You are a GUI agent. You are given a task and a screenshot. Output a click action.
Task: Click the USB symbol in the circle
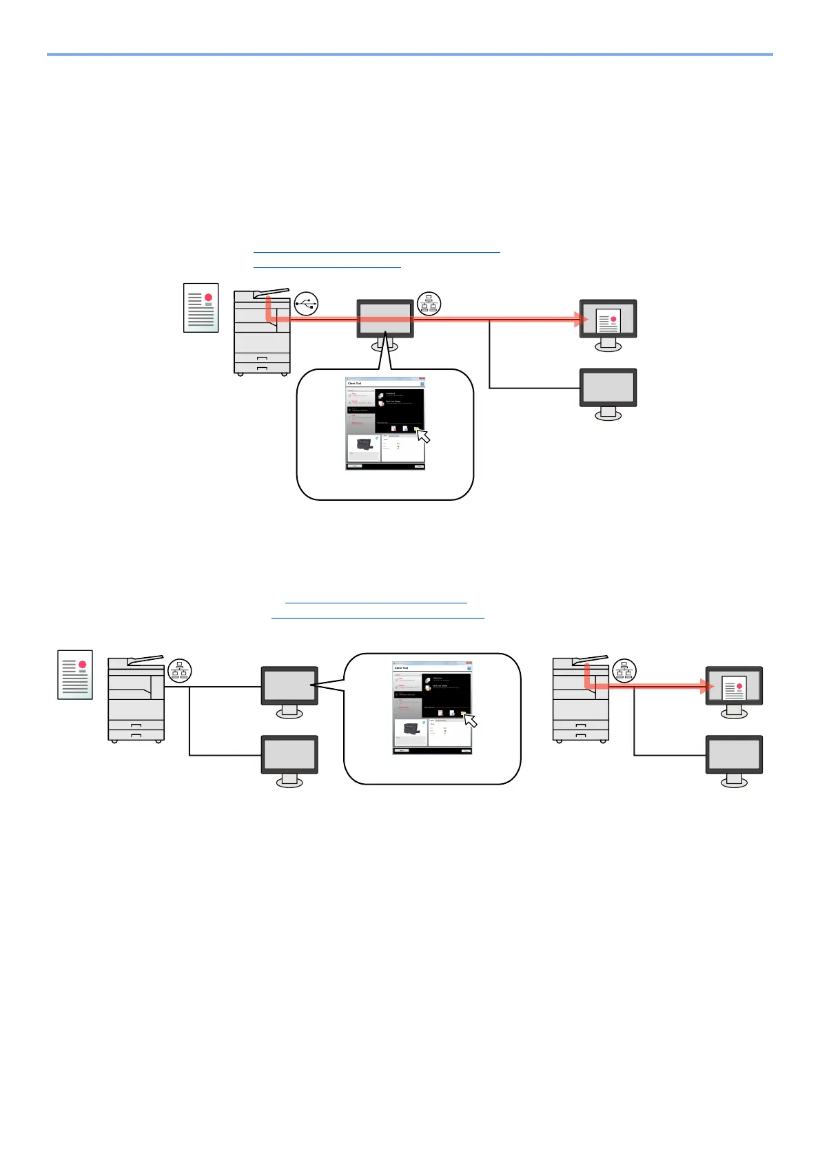(306, 303)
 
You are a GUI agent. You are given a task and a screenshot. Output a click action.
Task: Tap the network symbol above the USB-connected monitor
(429, 303)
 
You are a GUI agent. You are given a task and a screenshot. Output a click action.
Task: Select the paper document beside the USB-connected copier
(201, 307)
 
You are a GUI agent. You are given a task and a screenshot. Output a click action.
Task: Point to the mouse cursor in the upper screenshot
(423, 436)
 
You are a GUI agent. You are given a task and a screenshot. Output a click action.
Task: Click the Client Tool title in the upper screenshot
(355, 384)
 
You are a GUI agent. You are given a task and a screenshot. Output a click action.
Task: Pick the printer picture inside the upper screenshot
(364, 446)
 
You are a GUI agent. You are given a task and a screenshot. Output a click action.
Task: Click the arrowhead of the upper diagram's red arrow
(583, 319)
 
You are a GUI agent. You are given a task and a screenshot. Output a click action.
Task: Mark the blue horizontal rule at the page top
(409, 54)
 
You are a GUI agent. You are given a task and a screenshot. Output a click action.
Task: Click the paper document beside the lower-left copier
(75, 674)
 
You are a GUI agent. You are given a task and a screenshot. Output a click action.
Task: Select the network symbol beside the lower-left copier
(180, 670)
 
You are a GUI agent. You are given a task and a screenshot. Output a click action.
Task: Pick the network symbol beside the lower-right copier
(624, 670)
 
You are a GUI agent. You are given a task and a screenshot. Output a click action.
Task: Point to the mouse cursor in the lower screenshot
(470, 721)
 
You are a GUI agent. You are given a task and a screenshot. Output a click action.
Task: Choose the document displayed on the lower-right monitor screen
(735, 687)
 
